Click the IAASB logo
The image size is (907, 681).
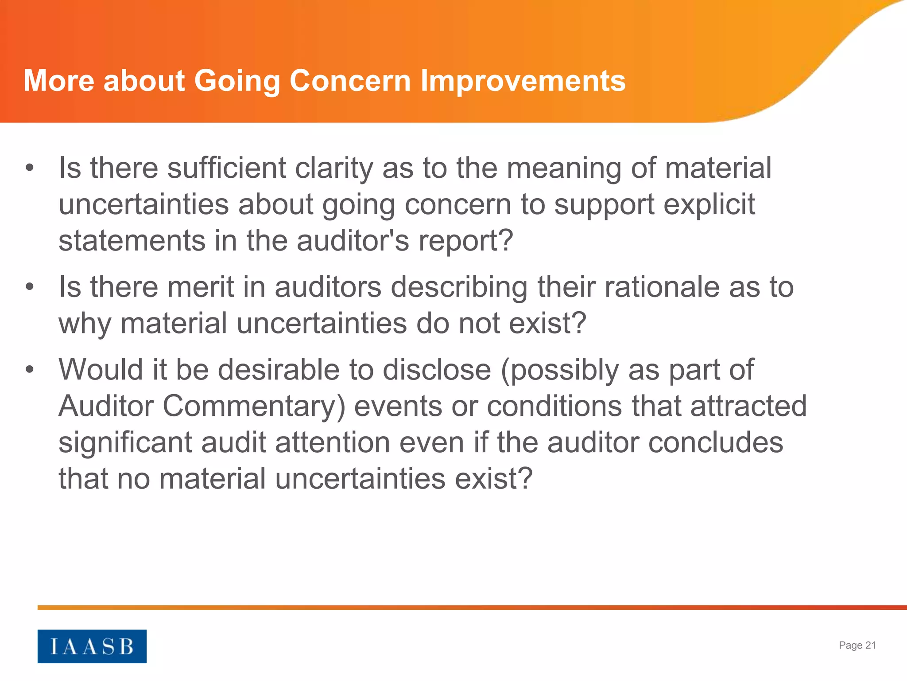click(x=92, y=646)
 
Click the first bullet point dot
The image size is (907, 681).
click(x=30, y=168)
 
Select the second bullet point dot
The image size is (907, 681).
click(x=30, y=287)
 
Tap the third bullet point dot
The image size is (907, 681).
click(x=30, y=369)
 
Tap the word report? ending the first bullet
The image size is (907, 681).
click(x=465, y=241)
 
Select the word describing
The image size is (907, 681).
click(x=459, y=287)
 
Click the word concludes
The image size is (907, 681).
click(x=716, y=442)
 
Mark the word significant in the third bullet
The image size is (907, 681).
click(x=125, y=442)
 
